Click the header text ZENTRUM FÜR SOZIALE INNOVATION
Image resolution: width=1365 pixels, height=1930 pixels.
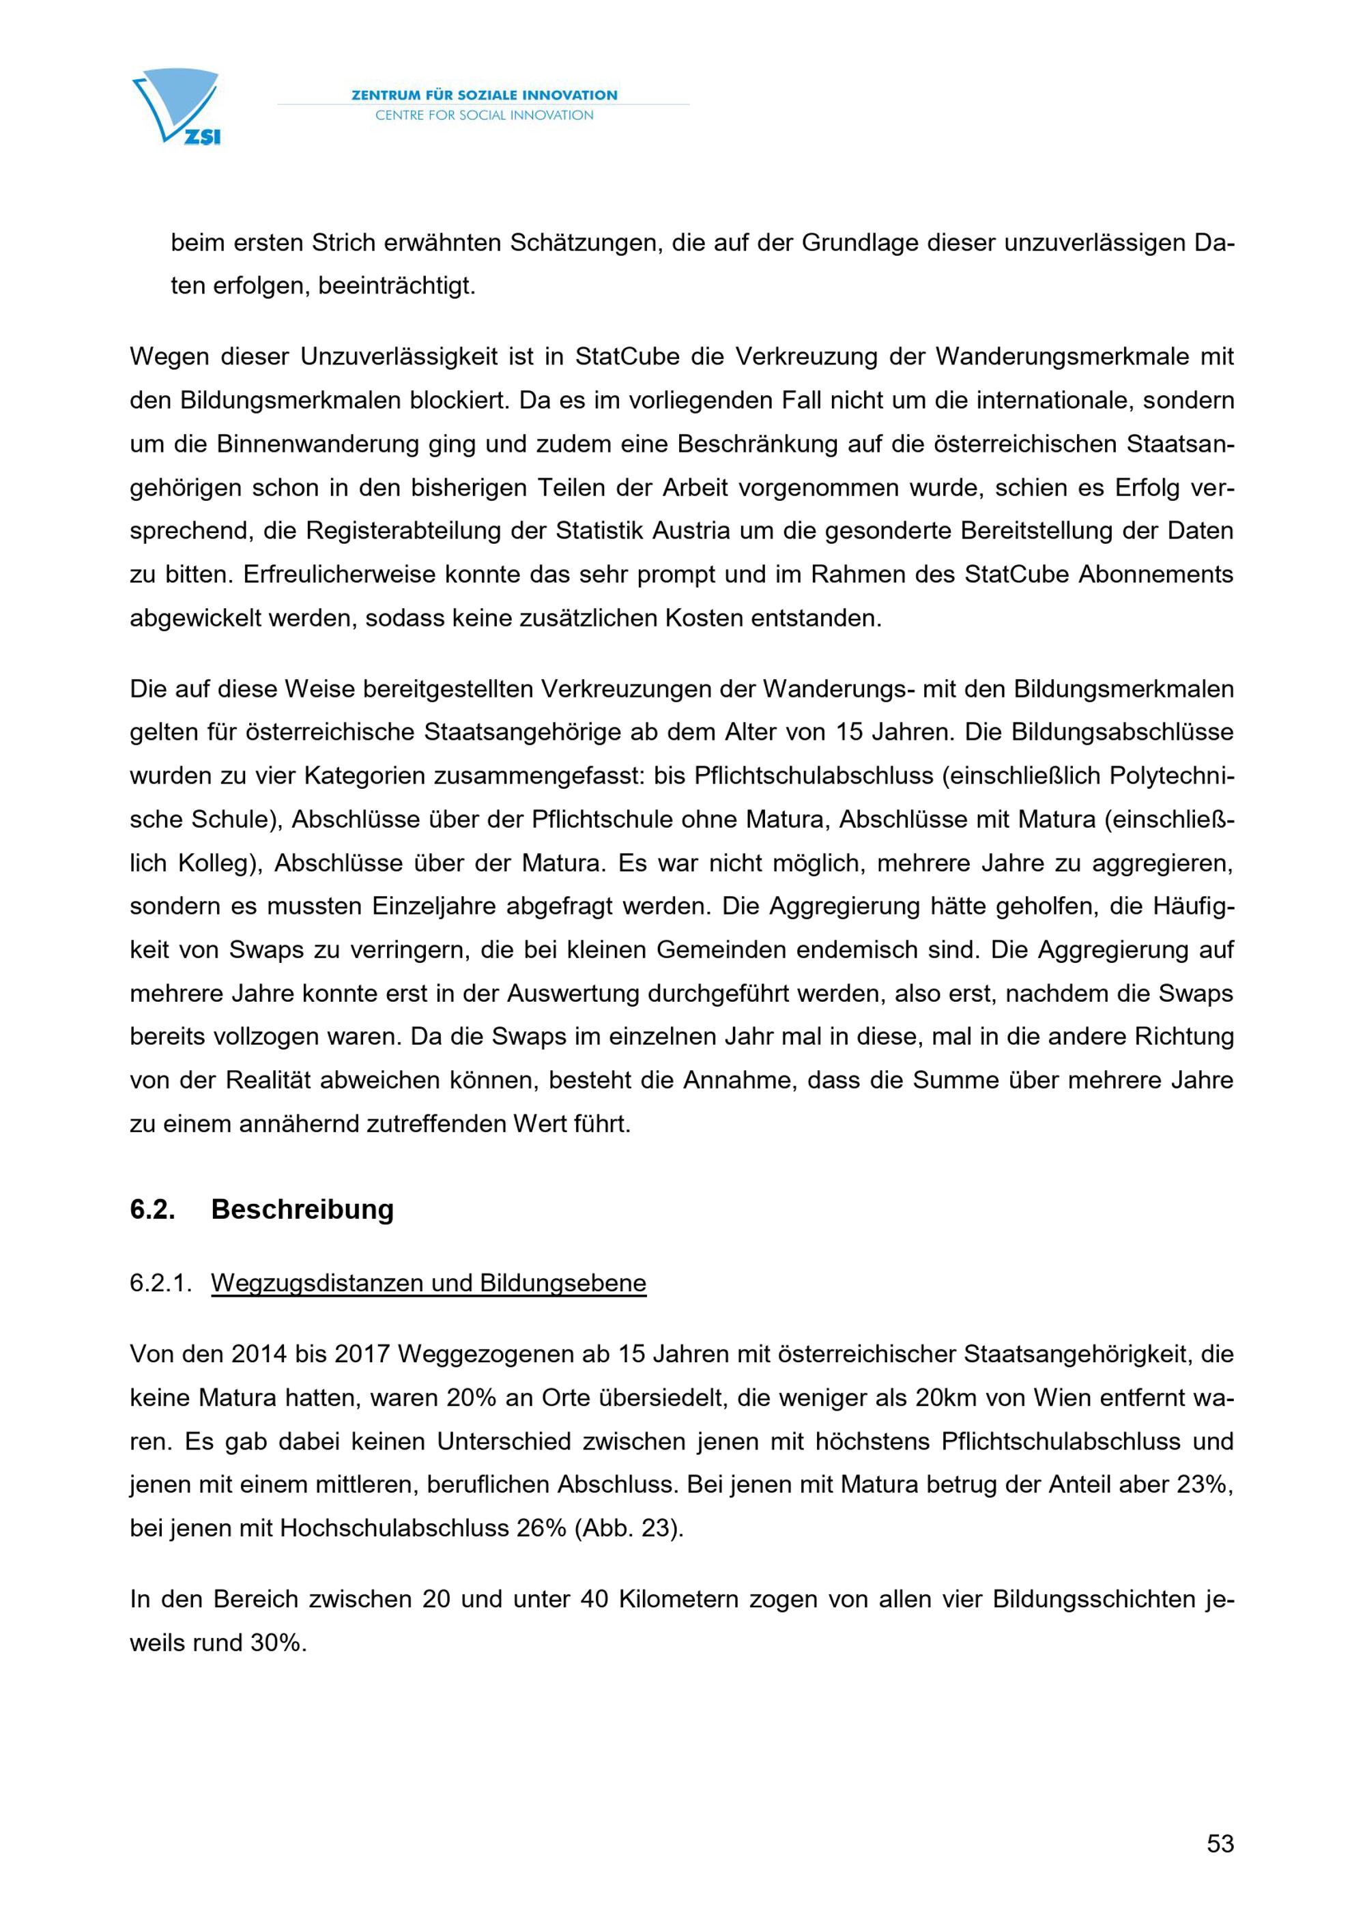click(484, 95)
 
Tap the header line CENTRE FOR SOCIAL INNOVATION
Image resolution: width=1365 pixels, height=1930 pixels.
click(484, 115)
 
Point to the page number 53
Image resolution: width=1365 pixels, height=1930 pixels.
click(1220, 1843)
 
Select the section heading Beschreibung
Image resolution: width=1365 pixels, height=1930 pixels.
click(302, 1209)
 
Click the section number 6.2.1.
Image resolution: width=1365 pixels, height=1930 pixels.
click(160, 1284)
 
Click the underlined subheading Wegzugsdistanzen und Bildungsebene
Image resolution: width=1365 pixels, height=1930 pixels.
click(429, 1284)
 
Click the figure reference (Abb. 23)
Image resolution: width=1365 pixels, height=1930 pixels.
click(628, 1528)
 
